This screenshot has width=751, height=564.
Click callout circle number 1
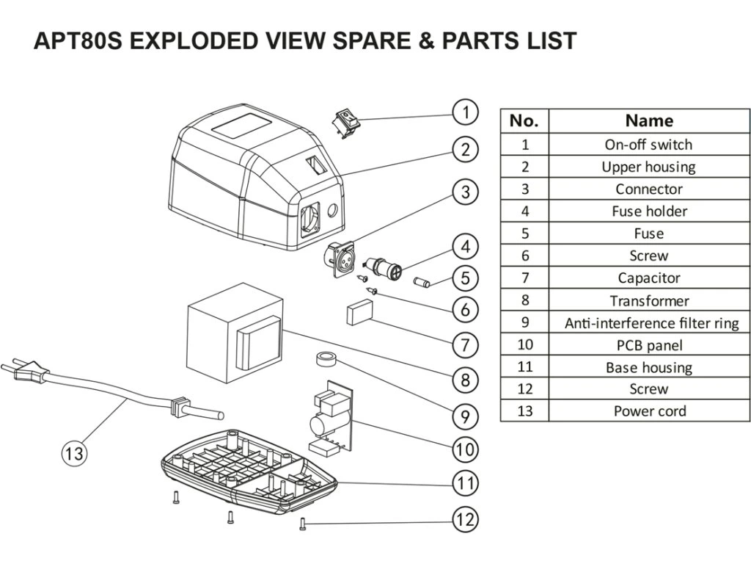(x=465, y=112)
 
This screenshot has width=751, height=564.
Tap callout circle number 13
(x=74, y=453)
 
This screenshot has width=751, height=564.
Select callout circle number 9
(x=465, y=416)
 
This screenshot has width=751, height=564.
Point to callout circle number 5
(x=465, y=278)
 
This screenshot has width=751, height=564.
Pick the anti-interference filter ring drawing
(x=325, y=360)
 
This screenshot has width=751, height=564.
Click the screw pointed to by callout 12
(x=302, y=523)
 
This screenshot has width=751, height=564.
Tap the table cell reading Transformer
(x=649, y=300)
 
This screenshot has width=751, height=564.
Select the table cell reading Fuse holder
(x=649, y=211)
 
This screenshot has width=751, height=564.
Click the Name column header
(x=649, y=120)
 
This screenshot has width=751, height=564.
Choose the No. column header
(x=524, y=120)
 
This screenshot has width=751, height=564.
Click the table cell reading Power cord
(x=649, y=411)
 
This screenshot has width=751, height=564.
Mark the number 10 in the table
(x=524, y=344)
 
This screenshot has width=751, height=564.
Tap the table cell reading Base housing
(x=649, y=367)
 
